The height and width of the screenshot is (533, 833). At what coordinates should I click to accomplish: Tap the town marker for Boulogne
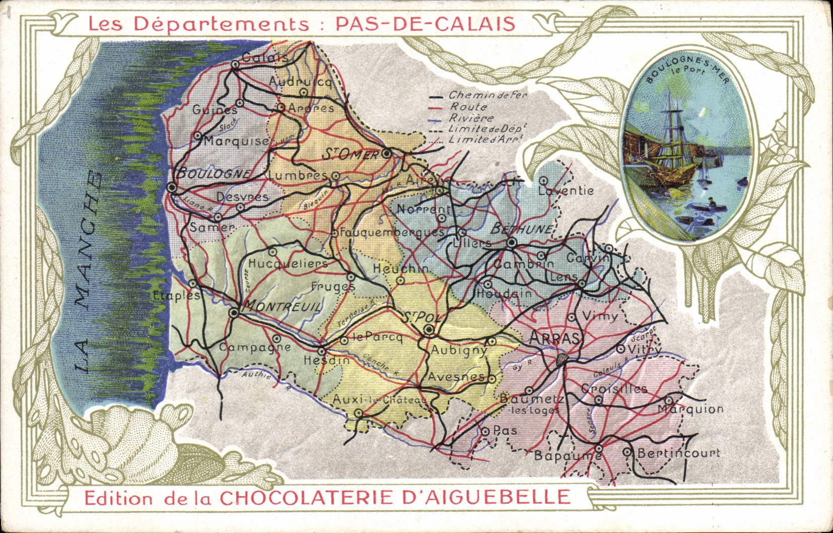tap(172, 187)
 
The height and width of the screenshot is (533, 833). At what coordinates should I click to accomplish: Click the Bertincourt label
tap(678, 453)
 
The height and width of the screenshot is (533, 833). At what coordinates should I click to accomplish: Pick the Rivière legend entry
tap(472, 118)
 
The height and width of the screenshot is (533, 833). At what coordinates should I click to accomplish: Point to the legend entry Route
tap(468, 107)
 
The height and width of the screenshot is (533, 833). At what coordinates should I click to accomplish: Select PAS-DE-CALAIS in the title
tap(425, 24)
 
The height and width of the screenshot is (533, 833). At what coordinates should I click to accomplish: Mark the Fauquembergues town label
tap(392, 232)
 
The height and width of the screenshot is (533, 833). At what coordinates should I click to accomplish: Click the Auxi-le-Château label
tap(380, 400)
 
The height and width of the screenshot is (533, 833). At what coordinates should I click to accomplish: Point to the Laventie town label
tap(566, 191)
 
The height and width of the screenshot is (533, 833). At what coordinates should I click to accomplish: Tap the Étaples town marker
tap(192, 284)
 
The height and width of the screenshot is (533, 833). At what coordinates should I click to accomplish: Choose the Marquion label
tap(690, 410)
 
